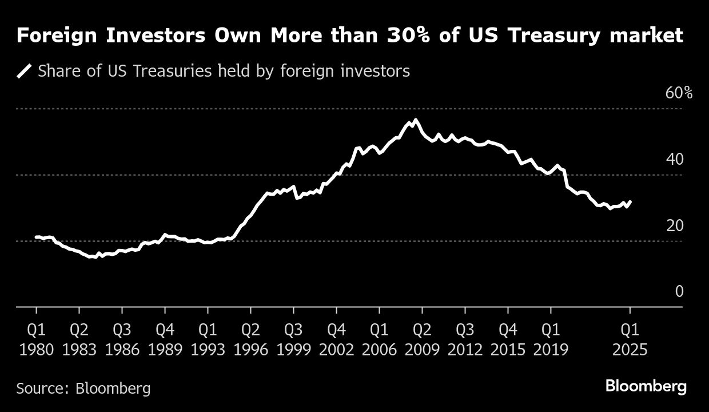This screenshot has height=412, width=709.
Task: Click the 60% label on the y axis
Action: coord(679,93)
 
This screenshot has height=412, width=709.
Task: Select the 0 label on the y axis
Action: coord(679,292)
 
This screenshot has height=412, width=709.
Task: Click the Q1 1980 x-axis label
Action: coord(37,339)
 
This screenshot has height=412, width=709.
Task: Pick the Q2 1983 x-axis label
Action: coord(79,339)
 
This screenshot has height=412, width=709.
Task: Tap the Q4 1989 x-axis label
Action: coord(165,339)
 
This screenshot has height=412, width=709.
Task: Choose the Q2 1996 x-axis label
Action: coord(250,339)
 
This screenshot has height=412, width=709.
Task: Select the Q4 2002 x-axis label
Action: coord(336,339)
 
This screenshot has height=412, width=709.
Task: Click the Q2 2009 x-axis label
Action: coord(422,339)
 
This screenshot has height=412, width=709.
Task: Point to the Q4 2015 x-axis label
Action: coord(508,339)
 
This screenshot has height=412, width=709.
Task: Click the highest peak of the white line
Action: coord(415,120)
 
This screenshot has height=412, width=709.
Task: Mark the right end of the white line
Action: coord(630,201)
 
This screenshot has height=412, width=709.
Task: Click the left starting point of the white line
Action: coord(36,237)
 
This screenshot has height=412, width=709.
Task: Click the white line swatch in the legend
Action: coord(24,72)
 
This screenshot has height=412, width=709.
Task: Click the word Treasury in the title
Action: coord(557,36)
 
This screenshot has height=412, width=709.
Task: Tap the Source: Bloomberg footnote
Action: coord(83,389)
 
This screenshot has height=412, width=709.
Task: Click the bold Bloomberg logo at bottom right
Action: coord(646,387)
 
